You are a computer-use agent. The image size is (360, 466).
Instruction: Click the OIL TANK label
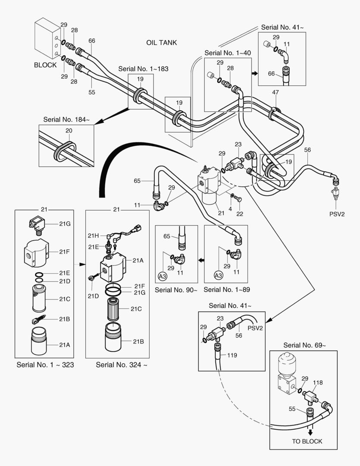tap(162, 43)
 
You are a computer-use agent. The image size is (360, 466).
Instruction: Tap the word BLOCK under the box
tap(45, 65)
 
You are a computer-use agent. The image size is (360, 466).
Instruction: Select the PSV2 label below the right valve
tap(334, 213)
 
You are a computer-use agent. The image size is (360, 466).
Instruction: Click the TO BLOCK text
tap(307, 441)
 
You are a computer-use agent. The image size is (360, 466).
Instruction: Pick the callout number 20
tap(69, 131)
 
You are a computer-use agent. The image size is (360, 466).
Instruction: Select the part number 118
tap(317, 382)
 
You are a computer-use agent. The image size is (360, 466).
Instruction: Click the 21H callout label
tap(94, 236)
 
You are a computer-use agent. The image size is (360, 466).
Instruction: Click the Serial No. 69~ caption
tap(304, 345)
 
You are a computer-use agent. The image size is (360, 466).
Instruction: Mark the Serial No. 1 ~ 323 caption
tap(45, 365)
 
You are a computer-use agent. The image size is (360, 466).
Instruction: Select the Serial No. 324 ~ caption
tap(122, 365)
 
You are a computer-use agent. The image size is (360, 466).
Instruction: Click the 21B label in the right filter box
tap(138, 341)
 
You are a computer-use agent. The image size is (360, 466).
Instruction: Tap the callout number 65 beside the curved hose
tap(137, 181)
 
